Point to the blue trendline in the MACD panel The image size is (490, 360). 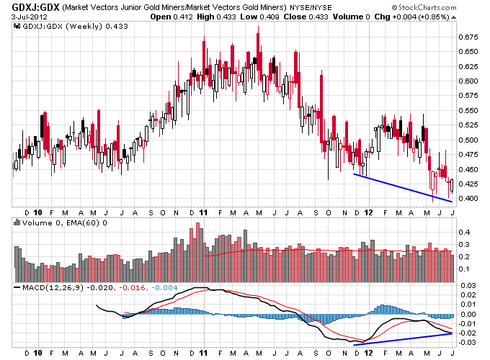point(404,339)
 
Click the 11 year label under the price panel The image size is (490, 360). point(204,212)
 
